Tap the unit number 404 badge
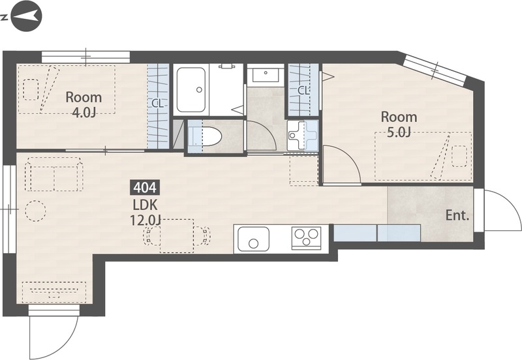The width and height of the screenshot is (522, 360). pyautogui.click(x=145, y=188)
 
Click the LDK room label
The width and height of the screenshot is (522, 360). pyautogui.click(x=145, y=205)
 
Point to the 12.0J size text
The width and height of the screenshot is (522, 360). pyautogui.click(x=146, y=220)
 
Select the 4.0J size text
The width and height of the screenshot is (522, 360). pyautogui.click(x=84, y=113)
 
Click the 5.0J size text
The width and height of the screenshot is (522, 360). pyautogui.click(x=399, y=132)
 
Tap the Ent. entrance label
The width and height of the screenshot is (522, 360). pyautogui.click(x=457, y=216)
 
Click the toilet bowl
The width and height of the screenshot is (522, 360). pyautogui.click(x=205, y=137)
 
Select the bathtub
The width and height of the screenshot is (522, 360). pyautogui.click(x=191, y=90)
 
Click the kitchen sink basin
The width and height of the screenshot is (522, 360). pyautogui.click(x=253, y=239)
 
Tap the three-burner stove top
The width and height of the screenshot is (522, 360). pyautogui.click(x=306, y=237)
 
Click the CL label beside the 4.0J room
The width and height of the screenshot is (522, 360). pyautogui.click(x=157, y=104)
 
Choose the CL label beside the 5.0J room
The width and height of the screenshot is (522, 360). pyautogui.click(x=303, y=91)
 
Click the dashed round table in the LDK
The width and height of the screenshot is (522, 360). pyautogui.click(x=35, y=211)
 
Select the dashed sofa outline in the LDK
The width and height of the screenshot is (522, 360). pyautogui.click(x=55, y=174)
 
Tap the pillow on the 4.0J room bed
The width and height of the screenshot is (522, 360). pyautogui.click(x=31, y=89)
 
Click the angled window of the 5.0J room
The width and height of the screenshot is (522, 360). pyautogui.click(x=436, y=70)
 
